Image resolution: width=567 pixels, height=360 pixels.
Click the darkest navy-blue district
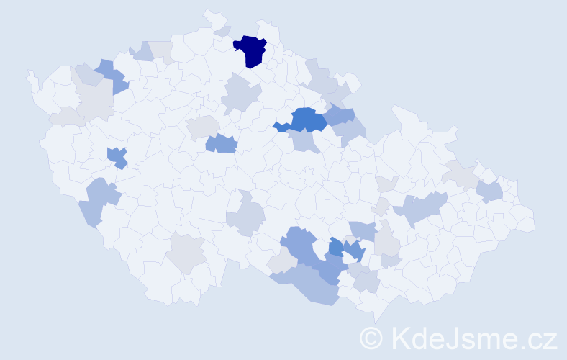[x=250, y=50]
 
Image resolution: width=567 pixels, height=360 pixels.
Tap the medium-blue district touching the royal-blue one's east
[x=339, y=115]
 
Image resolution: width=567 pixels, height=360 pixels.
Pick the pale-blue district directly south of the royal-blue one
[x=307, y=142]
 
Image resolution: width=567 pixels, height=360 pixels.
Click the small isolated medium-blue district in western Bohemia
[x=117, y=157]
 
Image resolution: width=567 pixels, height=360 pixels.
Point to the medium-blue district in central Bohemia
[x=221, y=143]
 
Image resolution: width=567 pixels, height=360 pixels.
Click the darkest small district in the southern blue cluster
[x=336, y=248]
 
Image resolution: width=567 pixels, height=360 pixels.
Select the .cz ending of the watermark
[x=540, y=338]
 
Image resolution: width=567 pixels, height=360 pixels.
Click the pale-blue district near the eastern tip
[x=489, y=191]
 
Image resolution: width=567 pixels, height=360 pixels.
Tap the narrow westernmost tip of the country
[x=30, y=76]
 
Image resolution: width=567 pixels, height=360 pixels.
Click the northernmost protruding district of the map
[x=213, y=17]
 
